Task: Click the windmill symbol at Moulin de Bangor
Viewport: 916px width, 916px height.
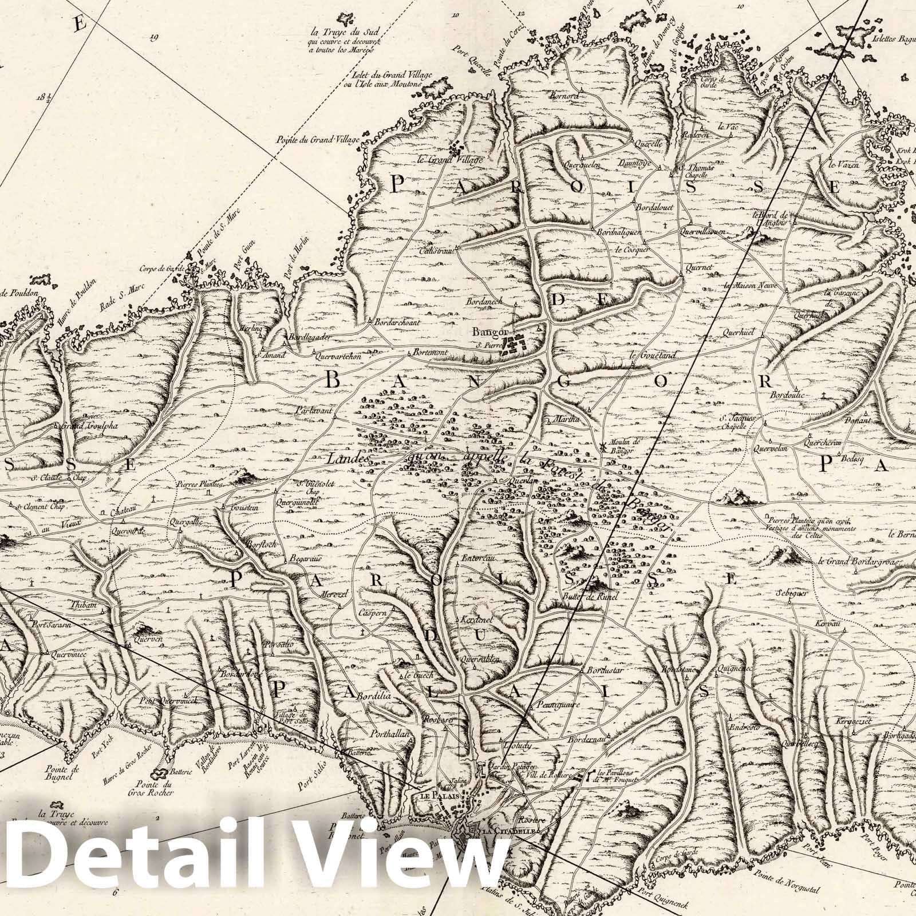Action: point(603,445)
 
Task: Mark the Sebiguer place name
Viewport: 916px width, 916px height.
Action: point(791,594)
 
